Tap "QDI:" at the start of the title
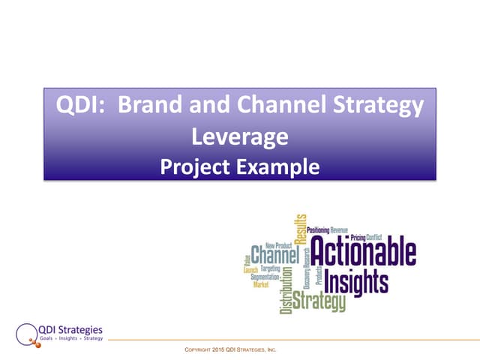(x=77, y=106)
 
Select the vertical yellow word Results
(x=301, y=229)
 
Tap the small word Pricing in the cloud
(x=358, y=237)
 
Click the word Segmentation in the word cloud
(x=265, y=277)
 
